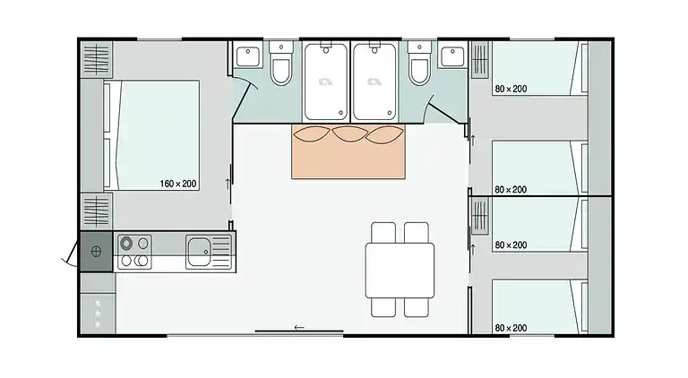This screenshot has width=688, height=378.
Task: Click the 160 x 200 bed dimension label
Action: point(177,184)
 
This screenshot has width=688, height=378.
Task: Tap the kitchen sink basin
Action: point(198,252)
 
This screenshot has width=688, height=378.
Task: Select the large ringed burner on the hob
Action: point(127,243)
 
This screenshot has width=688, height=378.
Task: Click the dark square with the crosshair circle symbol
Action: point(96,252)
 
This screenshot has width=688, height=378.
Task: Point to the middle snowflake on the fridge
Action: point(98,314)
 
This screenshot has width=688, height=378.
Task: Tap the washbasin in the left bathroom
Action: point(248,56)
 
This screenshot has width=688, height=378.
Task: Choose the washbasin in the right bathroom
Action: point(452,56)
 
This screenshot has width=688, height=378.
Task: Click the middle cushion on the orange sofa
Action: point(349,133)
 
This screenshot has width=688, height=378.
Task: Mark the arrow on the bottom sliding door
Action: point(299,327)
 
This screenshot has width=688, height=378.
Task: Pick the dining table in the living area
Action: point(400,271)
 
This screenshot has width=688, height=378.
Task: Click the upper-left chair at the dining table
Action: point(383,232)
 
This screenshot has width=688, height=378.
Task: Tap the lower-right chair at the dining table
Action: point(417,307)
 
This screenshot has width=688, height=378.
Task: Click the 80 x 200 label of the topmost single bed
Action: point(511,89)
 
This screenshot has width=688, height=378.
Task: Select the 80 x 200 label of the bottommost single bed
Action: point(511,328)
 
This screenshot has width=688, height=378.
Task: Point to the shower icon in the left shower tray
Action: point(325,82)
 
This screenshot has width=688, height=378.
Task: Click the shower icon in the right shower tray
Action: point(374,82)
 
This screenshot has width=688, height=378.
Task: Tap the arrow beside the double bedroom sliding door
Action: point(228,184)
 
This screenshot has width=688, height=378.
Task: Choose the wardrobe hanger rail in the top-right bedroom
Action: point(480,59)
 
